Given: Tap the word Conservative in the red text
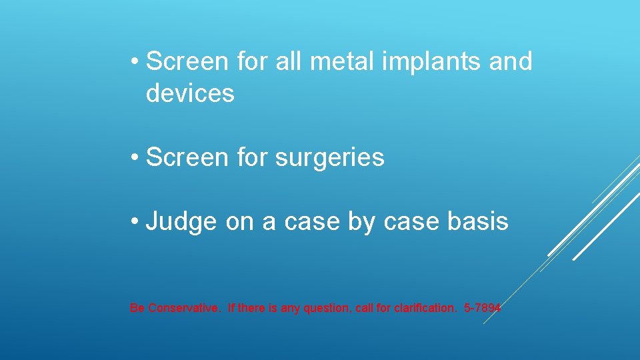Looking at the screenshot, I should (183, 308).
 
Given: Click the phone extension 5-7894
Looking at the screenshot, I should (482, 308).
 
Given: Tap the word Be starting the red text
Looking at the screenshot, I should (137, 308).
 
